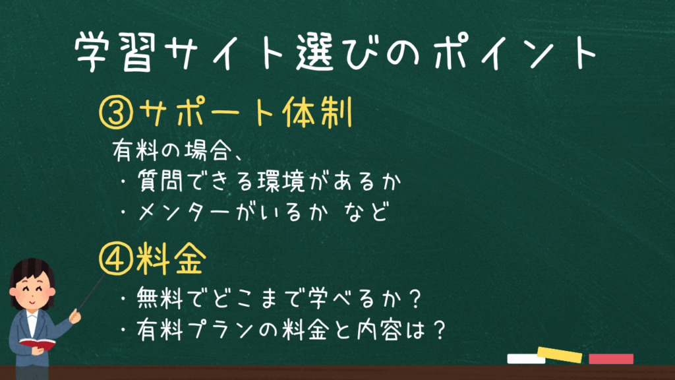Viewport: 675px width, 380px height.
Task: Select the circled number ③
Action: click(116, 113)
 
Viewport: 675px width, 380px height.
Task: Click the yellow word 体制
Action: click(317, 112)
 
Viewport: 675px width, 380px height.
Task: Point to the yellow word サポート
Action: click(208, 113)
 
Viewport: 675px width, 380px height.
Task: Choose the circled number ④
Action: click(116, 259)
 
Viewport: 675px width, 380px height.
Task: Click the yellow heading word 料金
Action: click(171, 259)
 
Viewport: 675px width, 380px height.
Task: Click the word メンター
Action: click(184, 212)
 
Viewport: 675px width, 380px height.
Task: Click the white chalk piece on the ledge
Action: click(526, 358)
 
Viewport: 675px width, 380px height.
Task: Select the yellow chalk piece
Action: click(560, 354)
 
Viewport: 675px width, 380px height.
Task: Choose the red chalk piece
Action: click(611, 358)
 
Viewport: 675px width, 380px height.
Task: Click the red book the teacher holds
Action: click(38, 344)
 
